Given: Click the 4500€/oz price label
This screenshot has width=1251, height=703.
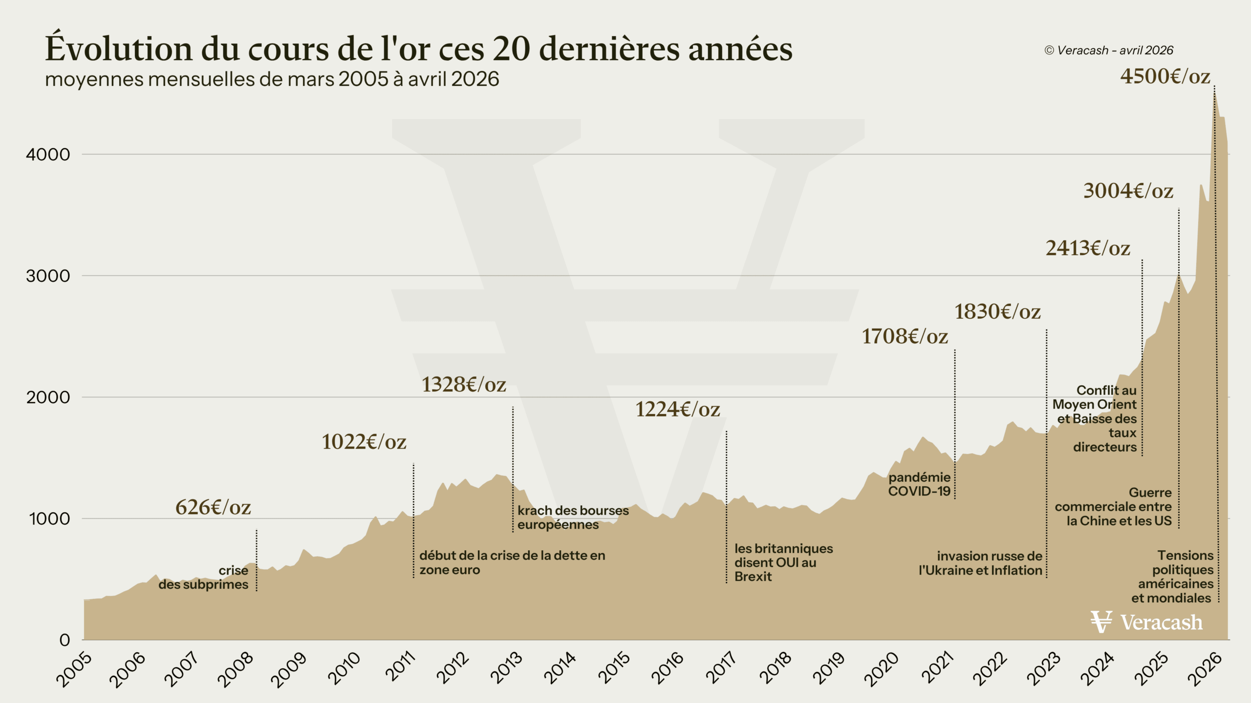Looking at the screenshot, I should click(1165, 77).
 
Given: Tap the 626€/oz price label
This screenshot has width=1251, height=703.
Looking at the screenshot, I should click(213, 508).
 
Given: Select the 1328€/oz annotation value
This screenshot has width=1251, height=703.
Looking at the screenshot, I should click(464, 385).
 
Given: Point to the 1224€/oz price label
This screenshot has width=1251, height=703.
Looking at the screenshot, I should click(677, 410).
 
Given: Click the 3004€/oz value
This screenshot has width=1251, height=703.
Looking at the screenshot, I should click(1128, 191).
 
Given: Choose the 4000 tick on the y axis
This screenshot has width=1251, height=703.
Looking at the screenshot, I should click(48, 155).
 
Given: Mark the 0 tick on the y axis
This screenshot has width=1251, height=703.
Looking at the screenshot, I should click(65, 640).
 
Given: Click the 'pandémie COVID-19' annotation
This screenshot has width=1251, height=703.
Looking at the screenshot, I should click(919, 484).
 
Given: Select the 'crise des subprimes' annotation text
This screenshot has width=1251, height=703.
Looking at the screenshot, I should click(204, 578).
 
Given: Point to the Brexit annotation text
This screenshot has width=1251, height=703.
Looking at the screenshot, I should click(783, 562).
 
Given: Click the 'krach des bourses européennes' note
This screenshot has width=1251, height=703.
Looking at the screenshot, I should click(573, 517).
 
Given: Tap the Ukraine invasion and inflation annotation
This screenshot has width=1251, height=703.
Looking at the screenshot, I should click(981, 563).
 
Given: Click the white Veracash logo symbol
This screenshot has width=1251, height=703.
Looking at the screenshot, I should click(1101, 622).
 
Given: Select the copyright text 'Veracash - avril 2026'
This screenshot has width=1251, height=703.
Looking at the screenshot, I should click(1109, 50).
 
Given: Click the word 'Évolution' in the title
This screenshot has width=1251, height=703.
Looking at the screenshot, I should click(119, 49).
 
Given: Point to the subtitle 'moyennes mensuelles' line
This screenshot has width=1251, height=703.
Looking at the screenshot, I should click(272, 79).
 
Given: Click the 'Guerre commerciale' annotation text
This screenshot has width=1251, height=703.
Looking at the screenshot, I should click(1114, 507).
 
